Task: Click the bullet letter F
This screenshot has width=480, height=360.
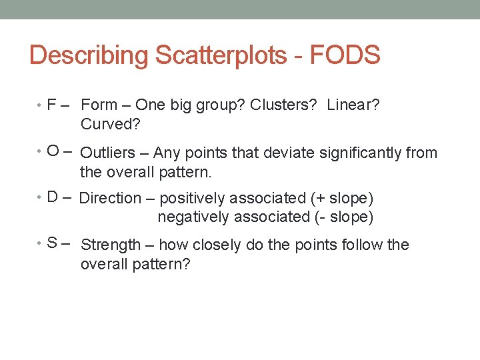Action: click(51, 105)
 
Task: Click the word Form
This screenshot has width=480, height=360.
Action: click(99, 105)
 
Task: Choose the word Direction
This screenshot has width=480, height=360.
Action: click(110, 198)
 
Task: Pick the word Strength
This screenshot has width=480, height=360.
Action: click(111, 245)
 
